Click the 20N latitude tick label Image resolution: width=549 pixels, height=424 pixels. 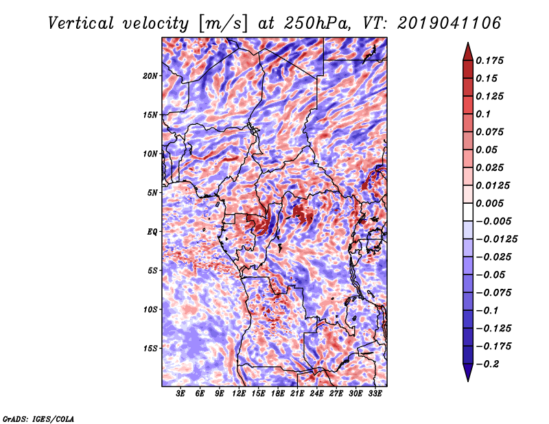(x=150, y=76)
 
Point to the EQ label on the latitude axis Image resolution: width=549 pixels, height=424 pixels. (x=152, y=232)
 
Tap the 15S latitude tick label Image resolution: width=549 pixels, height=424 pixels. (x=150, y=349)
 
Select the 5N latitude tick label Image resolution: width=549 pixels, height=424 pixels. (x=152, y=193)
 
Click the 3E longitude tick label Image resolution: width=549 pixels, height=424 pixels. (x=180, y=394)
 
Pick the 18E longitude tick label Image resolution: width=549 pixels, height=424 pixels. (x=278, y=394)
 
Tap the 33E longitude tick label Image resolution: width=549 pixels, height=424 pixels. (x=375, y=394)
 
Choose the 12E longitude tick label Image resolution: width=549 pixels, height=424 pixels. (x=239, y=394)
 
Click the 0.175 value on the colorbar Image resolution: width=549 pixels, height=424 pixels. (x=489, y=60)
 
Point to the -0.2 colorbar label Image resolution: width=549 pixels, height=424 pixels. (x=487, y=364)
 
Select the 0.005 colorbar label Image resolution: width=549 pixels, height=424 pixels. (x=489, y=203)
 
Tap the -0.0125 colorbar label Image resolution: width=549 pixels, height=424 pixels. (x=496, y=239)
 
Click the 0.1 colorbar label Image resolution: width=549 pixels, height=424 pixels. (x=483, y=114)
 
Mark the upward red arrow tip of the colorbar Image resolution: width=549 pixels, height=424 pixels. (x=468, y=43)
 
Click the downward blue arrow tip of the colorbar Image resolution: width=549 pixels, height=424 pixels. (x=468, y=381)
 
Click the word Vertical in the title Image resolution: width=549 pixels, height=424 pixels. (x=81, y=23)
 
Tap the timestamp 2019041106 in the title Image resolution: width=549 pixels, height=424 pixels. (x=449, y=23)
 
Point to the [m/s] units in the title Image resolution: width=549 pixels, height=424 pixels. (x=223, y=24)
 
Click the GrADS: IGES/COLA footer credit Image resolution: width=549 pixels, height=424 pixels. (x=38, y=419)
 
